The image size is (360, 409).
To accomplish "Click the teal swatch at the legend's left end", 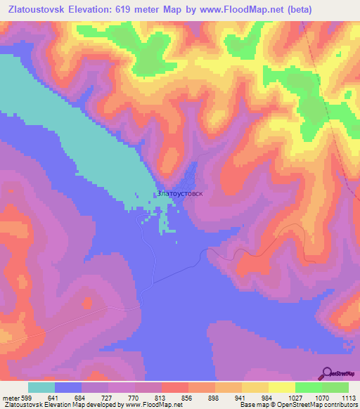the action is [41, 387].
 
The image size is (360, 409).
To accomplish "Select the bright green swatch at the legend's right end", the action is [335, 387].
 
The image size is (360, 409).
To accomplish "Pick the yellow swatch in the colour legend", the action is [281, 387].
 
